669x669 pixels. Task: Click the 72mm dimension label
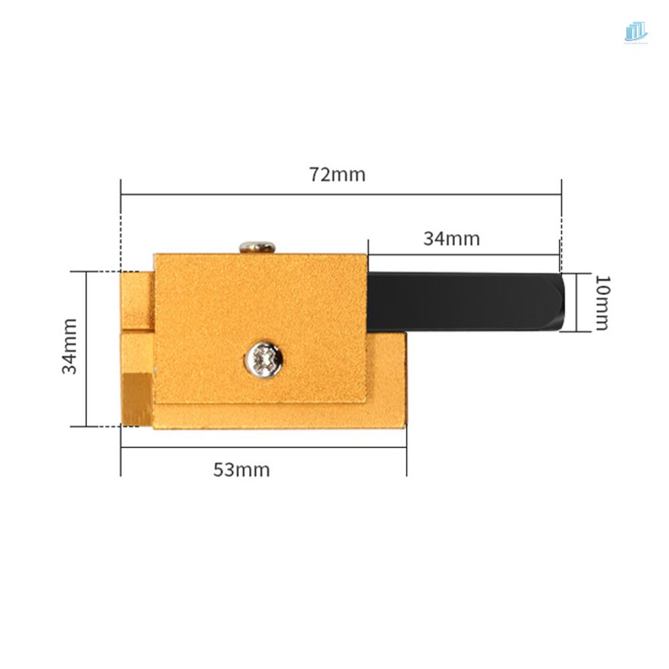[x=337, y=175]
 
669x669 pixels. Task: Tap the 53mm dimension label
[x=242, y=470]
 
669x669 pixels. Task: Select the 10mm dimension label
[x=601, y=302]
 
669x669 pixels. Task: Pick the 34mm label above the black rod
[x=451, y=238]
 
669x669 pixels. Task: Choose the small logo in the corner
[x=636, y=32]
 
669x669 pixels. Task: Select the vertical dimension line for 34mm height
[x=87, y=349]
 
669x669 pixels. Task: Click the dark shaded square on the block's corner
[x=138, y=399]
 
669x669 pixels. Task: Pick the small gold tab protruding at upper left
[x=137, y=300]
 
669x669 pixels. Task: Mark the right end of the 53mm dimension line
[x=406, y=446]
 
